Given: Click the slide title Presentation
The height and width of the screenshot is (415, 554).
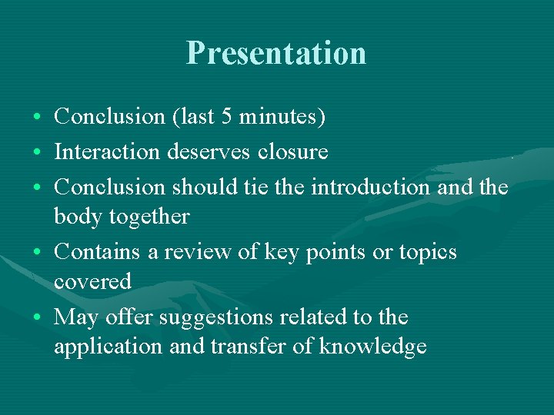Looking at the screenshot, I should pyautogui.click(x=276, y=53).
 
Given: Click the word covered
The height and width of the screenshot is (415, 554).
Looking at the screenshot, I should pyautogui.click(x=92, y=282).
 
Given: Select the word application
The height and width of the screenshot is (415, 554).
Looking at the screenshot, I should pyautogui.click(x=108, y=347).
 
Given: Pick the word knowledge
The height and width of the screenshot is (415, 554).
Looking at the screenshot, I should pyautogui.click(x=372, y=347).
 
